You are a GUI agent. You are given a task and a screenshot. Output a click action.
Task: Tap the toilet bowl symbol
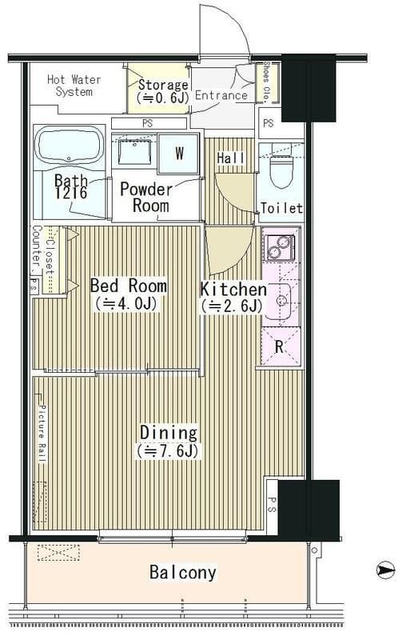[282, 170]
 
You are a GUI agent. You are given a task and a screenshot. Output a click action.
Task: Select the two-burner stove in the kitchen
[280, 247]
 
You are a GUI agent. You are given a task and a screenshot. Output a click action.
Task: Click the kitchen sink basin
[280, 302]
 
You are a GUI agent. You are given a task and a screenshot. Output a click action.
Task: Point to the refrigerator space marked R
[280, 346]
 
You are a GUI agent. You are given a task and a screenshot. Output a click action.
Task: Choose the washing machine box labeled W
[179, 153]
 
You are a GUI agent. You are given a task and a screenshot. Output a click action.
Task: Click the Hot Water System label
[74, 86]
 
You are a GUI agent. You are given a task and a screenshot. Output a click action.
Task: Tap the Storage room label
[163, 90]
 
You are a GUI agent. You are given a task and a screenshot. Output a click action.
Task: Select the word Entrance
[221, 95]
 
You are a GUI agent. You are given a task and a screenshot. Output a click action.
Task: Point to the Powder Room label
[146, 198]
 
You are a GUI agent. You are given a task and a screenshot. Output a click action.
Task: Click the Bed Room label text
[128, 286]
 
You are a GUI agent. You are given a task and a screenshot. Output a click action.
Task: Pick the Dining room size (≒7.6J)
[168, 450]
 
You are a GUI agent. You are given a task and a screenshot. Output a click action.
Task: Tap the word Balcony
[183, 572]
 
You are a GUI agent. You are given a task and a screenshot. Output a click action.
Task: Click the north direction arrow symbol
[385, 570]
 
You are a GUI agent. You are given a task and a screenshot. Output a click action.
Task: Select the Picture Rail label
[42, 434]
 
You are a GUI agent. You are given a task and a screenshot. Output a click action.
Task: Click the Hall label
[231, 158]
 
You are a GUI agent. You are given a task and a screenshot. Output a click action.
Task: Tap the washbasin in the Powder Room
[134, 152]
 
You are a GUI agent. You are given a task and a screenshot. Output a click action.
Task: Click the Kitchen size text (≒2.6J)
[231, 306]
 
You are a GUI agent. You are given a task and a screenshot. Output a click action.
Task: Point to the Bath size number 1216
[71, 193]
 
